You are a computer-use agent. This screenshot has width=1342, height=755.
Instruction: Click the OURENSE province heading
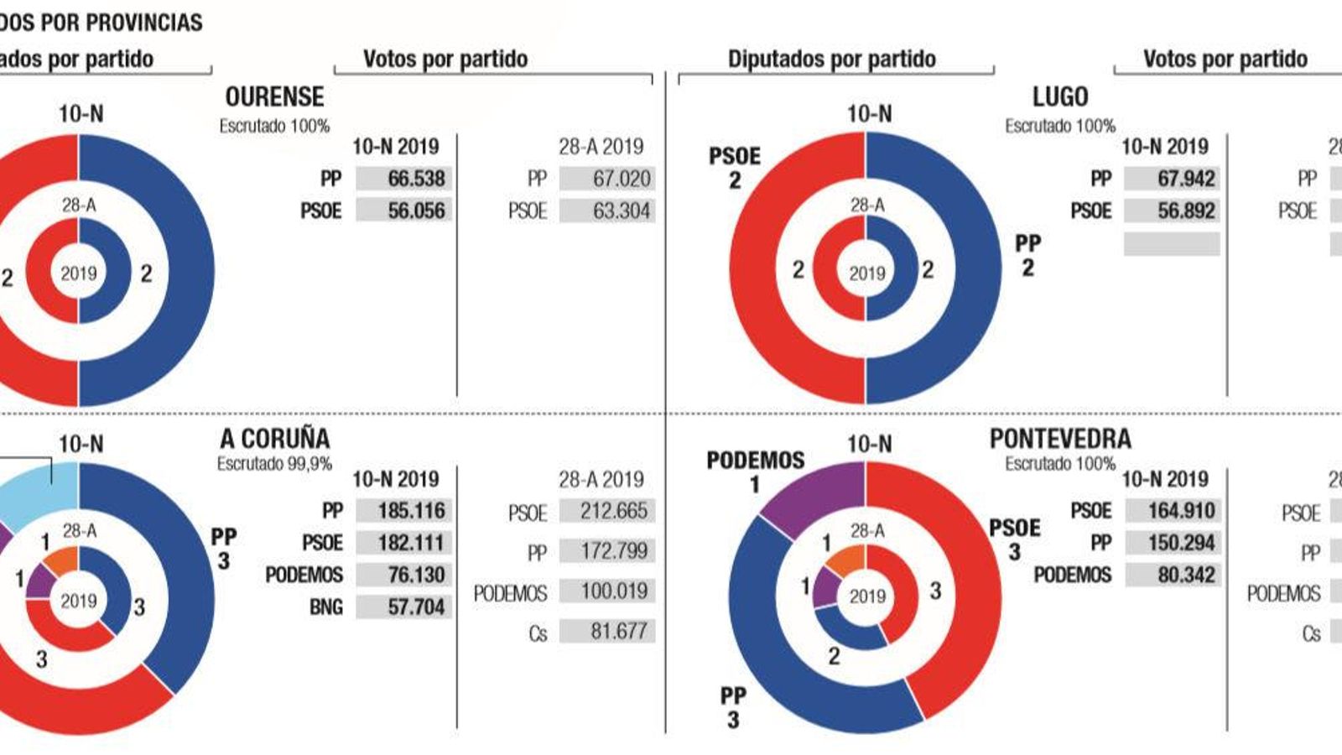pyautogui.click(x=274, y=97)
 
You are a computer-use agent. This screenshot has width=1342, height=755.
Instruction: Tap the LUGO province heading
pyautogui.click(x=1060, y=97)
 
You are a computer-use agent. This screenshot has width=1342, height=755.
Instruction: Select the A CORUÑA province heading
pyautogui.click(x=274, y=438)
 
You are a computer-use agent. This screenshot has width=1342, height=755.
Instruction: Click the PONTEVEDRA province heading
pyautogui.click(x=1060, y=438)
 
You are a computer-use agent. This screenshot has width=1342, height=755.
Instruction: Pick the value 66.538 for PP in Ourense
pyautogui.click(x=404, y=179)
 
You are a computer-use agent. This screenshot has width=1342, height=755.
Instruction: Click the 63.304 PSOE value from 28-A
pyautogui.click(x=607, y=211)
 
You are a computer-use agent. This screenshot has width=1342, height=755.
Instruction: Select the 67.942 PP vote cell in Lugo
pyautogui.click(x=1173, y=179)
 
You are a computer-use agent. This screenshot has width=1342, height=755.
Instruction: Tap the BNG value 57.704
pyautogui.click(x=404, y=607)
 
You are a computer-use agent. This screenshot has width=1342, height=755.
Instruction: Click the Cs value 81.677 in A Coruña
pyautogui.click(x=607, y=631)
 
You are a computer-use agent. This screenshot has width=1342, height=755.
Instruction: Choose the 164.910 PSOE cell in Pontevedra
pyautogui.click(x=1173, y=510)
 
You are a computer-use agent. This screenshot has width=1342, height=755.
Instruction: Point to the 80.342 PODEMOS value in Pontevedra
pyautogui.click(x=1173, y=575)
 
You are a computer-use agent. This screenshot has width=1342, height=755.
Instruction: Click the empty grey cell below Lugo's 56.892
pyautogui.click(x=1173, y=243)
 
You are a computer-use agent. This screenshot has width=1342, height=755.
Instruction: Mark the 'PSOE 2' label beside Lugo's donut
pyautogui.click(x=735, y=168)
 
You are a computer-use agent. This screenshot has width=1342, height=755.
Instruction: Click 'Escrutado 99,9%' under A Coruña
pyautogui.click(x=274, y=464)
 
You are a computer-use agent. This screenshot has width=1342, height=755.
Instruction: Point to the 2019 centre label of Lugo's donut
pyautogui.click(x=866, y=273)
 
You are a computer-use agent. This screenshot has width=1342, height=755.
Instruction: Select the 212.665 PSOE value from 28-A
pyautogui.click(x=607, y=510)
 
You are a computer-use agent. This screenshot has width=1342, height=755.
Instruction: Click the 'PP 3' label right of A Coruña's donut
pyautogui.click(x=223, y=549)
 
